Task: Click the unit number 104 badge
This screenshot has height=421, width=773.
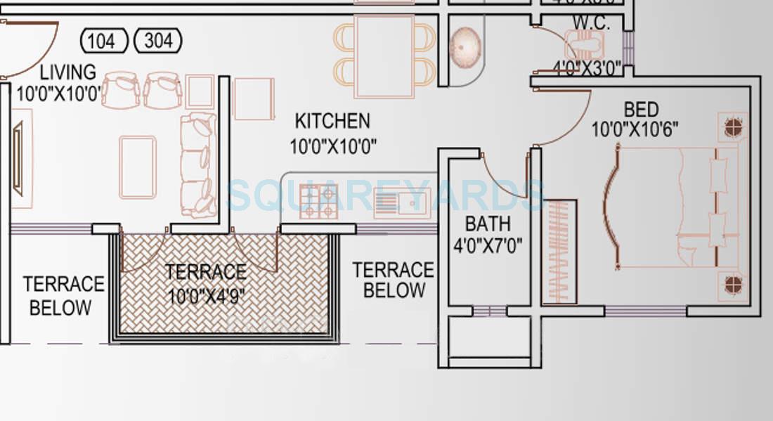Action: point(104,41)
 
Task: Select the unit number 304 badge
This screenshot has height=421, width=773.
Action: point(157,41)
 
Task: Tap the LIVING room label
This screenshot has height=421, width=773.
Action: point(67,72)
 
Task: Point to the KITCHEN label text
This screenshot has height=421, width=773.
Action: point(332,121)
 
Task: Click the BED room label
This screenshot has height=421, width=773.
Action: point(641,110)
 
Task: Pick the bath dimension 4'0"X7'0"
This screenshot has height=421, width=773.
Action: point(488,246)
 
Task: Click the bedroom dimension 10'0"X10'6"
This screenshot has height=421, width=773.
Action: point(635,130)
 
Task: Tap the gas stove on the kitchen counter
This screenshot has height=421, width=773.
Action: point(318,201)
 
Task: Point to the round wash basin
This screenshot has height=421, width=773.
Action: point(465,48)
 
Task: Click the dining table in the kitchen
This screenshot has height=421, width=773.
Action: point(384,56)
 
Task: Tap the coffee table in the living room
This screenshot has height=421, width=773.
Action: point(138,167)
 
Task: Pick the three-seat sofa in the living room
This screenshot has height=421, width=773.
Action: point(198,165)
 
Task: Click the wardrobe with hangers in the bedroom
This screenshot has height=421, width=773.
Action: point(560,252)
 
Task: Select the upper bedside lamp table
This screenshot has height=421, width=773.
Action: point(734,127)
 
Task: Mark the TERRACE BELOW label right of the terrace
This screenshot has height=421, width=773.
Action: point(394,280)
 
